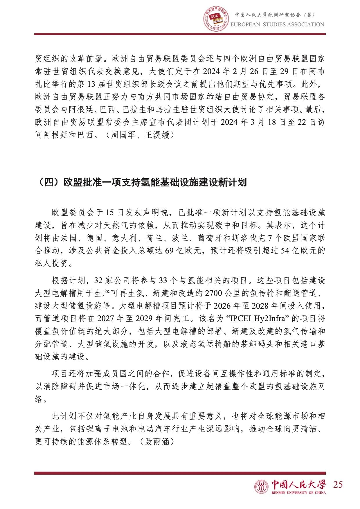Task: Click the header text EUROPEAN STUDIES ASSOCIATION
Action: (x=277, y=25)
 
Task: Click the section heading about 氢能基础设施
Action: (x=142, y=182)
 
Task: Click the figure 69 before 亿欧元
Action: (x=169, y=251)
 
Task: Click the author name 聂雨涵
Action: (x=157, y=442)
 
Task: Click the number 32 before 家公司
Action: (x=99, y=280)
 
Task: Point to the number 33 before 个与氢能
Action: (x=163, y=280)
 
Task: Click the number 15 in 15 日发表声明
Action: (x=109, y=213)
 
